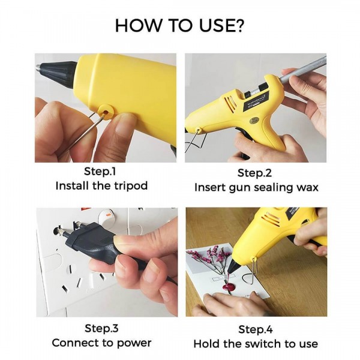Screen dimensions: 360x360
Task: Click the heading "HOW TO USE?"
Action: [179, 26]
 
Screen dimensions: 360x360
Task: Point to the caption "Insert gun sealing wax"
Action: [256, 187]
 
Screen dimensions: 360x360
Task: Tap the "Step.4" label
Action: [256, 329]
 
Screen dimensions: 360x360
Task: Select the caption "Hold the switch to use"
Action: [256, 344]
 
